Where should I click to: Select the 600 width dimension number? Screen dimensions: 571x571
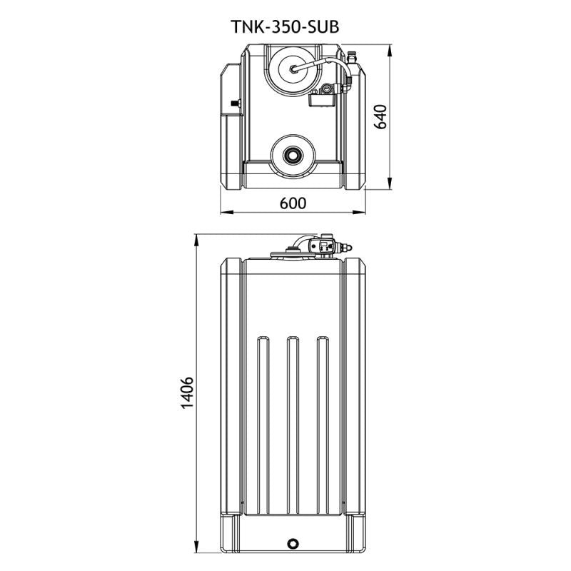pyautogui.click(x=293, y=203)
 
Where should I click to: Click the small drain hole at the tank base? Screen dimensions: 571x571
pyautogui.click(x=291, y=544)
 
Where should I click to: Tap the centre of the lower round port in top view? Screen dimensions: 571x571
pyautogui.click(x=292, y=154)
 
